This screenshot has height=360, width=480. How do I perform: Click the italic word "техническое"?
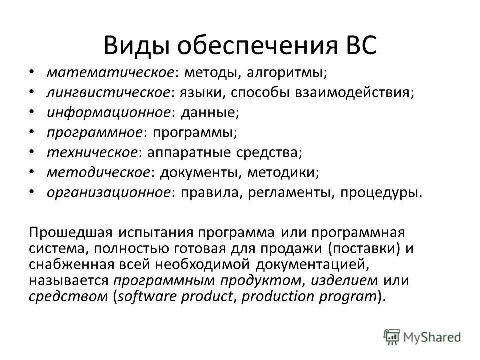(x=92, y=153)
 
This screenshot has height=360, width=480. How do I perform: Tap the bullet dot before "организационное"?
(x=32, y=191)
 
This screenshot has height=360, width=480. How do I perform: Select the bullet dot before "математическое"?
(x=32, y=72)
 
